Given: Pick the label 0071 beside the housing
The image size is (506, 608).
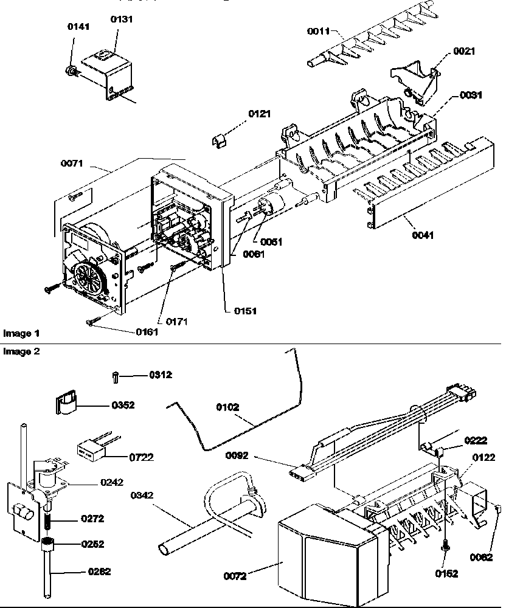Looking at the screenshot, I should click(x=71, y=164).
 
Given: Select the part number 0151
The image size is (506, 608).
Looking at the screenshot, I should click(x=246, y=311).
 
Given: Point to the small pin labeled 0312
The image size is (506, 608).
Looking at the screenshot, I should click(x=116, y=378).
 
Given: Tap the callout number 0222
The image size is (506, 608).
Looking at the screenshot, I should click(x=477, y=440).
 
